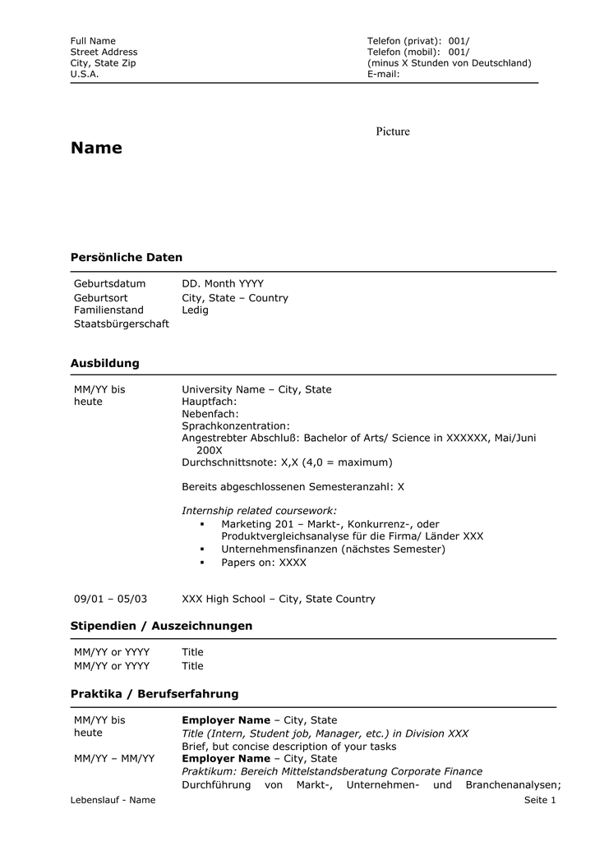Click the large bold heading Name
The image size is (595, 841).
(96, 149)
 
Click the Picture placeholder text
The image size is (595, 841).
(393, 131)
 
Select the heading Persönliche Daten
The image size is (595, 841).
(127, 258)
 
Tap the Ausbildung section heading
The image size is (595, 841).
(105, 363)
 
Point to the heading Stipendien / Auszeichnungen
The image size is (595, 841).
(161, 626)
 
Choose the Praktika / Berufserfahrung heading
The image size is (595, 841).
(155, 694)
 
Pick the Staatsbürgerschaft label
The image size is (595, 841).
(122, 324)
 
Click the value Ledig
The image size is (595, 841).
(195, 310)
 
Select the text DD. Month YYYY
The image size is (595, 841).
(223, 284)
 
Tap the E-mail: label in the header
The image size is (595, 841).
(383, 74)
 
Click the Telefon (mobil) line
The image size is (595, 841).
(418, 52)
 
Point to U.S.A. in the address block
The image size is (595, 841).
(85, 74)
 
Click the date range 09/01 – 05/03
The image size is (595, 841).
(110, 600)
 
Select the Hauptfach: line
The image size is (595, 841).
(209, 402)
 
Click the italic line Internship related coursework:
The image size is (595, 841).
(259, 511)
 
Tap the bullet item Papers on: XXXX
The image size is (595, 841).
(263, 563)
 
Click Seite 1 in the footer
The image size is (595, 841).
(540, 800)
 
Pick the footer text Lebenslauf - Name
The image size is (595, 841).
(113, 800)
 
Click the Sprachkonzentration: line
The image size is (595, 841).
(236, 426)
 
